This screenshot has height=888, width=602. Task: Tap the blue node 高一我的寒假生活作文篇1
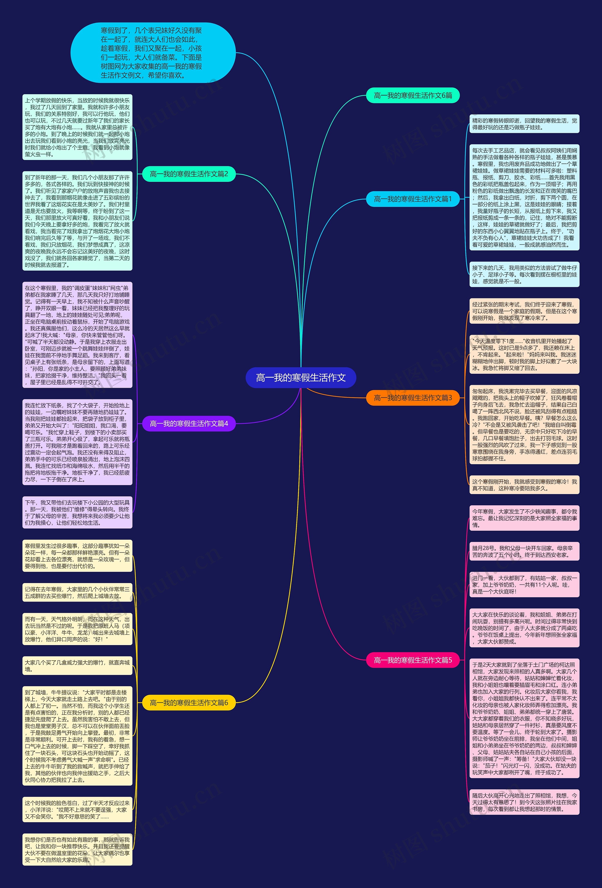click(x=413, y=199)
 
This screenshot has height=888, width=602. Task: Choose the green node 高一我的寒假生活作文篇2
click(x=189, y=174)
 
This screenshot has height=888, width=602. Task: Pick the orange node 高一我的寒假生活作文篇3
click(x=413, y=398)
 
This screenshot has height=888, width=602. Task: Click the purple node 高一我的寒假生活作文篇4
click(x=189, y=423)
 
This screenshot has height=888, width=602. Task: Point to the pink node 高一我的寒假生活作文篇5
click(x=413, y=660)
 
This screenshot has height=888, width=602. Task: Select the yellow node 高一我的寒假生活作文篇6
click(x=189, y=703)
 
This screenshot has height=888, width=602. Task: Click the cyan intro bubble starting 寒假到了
click(x=153, y=53)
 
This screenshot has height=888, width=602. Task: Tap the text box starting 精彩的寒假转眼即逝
click(x=524, y=124)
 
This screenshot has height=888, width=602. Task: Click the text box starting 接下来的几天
click(x=524, y=274)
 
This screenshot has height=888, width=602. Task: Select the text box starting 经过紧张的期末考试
click(x=524, y=311)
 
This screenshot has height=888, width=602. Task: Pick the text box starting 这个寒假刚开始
click(x=524, y=485)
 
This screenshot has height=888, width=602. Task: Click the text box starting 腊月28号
click(x=524, y=551)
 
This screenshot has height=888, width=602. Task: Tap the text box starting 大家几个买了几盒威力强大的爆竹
click(x=77, y=666)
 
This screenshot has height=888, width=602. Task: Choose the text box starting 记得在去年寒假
click(x=77, y=592)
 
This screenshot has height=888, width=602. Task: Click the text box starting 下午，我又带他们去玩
click(x=77, y=512)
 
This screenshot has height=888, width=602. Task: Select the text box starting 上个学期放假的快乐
click(x=77, y=127)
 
